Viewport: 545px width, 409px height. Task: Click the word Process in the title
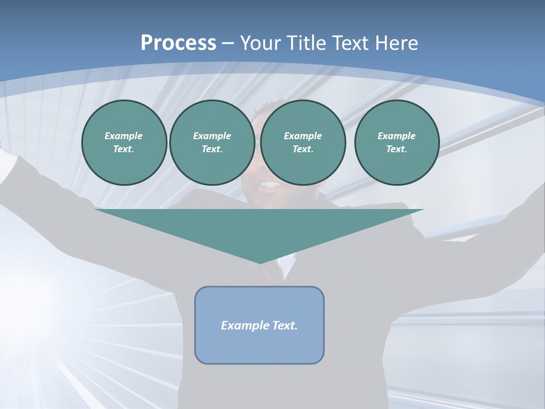coord(178,43)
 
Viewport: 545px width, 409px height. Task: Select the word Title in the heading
coord(308,43)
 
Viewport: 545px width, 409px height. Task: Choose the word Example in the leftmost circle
coord(124,136)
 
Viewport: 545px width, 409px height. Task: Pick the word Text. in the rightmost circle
coord(396,149)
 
